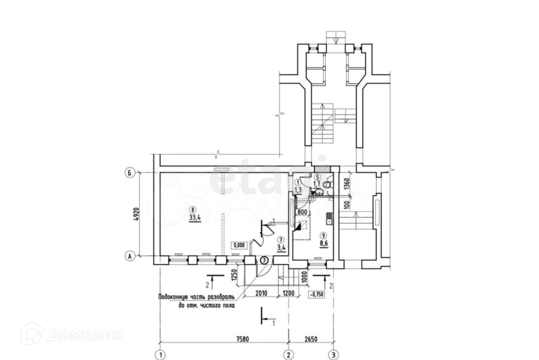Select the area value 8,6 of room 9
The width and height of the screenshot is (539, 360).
[x=323, y=243]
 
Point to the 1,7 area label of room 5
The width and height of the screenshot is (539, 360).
[x=317, y=183]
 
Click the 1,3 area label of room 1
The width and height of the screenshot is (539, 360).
[x=298, y=190]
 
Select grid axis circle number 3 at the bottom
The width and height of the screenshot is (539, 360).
[x=333, y=355]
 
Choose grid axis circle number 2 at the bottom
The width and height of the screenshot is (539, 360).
[x=289, y=355]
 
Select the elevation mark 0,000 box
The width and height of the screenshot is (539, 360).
[x=239, y=245]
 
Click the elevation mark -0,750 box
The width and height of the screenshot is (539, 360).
[x=317, y=294]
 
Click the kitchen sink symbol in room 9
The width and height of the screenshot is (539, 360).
[x=329, y=218]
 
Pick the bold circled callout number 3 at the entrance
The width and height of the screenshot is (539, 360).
[x=264, y=260]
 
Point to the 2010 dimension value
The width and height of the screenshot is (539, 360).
[x=261, y=294]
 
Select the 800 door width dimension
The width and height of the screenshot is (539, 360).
[x=302, y=212]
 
